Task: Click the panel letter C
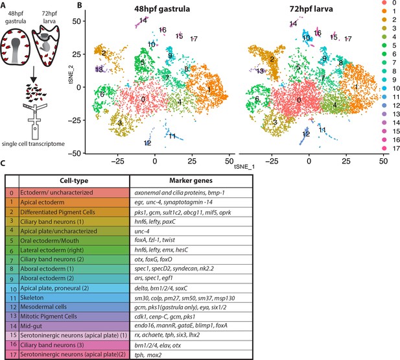click(4, 165)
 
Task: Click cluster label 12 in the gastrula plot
click(148, 143)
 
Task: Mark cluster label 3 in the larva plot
click(274, 121)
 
